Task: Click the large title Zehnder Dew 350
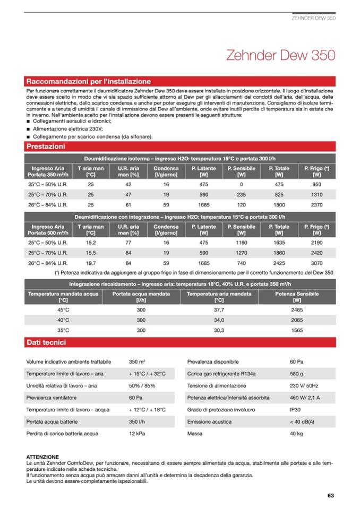click(x=280, y=56)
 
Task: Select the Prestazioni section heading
click(x=46, y=146)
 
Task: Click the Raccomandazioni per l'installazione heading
click(x=89, y=81)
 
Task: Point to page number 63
click(x=330, y=496)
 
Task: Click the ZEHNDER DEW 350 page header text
click(x=314, y=18)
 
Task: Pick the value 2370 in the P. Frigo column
click(x=316, y=204)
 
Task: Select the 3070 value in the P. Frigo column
click(x=316, y=263)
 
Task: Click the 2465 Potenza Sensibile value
click(x=297, y=309)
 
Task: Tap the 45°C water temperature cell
click(x=63, y=309)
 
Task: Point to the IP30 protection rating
click(x=295, y=409)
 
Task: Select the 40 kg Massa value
click(x=296, y=433)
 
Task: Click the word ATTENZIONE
click(x=42, y=456)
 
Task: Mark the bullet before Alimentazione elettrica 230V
click(x=28, y=128)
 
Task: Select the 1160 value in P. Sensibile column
click(x=242, y=242)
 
